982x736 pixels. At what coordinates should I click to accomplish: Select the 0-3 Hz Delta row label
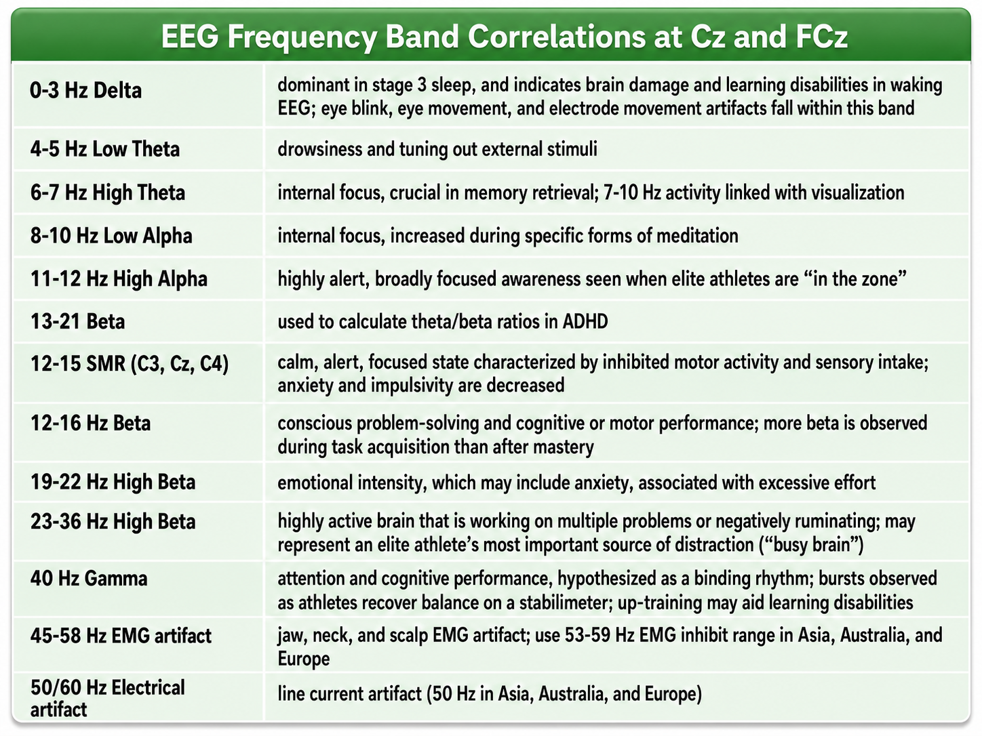[x=86, y=91]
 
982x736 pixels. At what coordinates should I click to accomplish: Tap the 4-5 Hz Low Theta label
[x=105, y=149]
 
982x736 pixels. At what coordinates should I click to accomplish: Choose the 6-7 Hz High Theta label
[x=108, y=192]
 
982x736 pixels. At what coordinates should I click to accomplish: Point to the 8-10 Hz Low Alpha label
[x=111, y=235]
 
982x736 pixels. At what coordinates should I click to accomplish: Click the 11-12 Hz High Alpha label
[x=119, y=279]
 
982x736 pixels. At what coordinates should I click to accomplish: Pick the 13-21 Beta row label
[x=77, y=321]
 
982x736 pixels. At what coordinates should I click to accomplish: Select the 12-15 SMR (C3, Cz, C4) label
[x=130, y=363]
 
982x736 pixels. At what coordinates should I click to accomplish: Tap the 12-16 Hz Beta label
[x=90, y=423]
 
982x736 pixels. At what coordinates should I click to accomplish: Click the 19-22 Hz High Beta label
[x=113, y=482]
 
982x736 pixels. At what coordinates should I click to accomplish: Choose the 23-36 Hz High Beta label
[x=113, y=521]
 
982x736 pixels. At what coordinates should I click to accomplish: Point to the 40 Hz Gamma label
[x=89, y=579]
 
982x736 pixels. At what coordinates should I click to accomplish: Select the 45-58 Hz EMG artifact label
[x=121, y=636]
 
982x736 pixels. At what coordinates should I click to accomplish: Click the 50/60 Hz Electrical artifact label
[x=107, y=699]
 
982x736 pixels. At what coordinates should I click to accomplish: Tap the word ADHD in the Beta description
[x=585, y=322]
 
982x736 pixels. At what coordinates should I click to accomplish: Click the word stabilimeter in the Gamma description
[x=565, y=603]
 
